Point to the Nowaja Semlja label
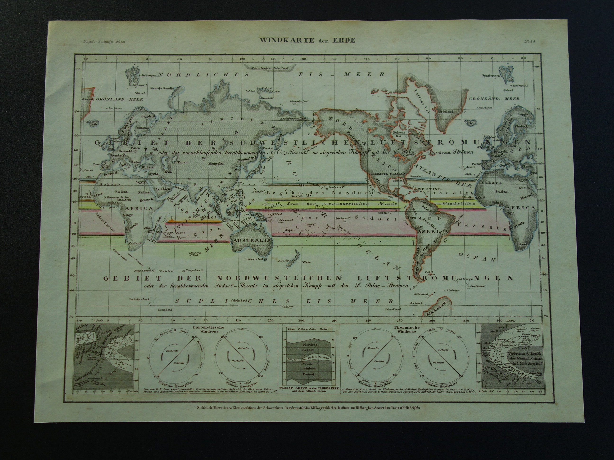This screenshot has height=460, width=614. pyautogui.click(x=162, y=88)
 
